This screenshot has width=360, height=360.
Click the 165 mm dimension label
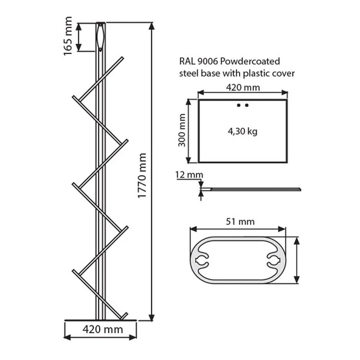pos(68,36)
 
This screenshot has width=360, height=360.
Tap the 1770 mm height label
pos(142,176)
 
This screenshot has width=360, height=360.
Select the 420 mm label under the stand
pos(103,330)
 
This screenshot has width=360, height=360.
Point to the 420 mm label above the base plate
pos(243,88)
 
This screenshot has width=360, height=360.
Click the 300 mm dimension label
pos(182,130)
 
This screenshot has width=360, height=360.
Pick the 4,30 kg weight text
pos(243,131)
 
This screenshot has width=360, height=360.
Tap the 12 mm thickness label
pos(189,175)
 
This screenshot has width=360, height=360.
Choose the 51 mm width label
pos(240,221)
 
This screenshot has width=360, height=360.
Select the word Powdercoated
pos(250,61)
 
